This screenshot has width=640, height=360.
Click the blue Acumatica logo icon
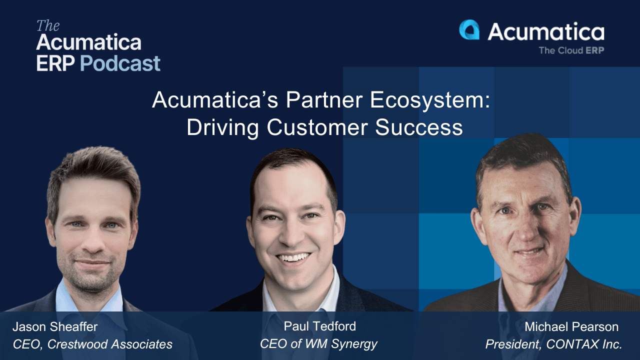(x=469, y=30)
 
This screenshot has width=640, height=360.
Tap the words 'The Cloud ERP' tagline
(x=571, y=50)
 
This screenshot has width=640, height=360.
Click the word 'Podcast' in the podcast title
(x=120, y=63)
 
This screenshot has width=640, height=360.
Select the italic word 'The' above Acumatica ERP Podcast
(x=48, y=26)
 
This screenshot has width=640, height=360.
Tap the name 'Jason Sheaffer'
(x=55, y=327)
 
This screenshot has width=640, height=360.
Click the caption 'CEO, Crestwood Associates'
(x=92, y=344)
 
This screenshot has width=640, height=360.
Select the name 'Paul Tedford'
(x=319, y=326)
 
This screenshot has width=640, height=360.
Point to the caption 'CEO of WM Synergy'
(x=318, y=343)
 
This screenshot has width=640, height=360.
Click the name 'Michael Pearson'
(x=571, y=327)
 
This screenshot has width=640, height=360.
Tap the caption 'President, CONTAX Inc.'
(x=553, y=344)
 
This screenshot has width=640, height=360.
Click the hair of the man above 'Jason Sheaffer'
(x=92, y=167)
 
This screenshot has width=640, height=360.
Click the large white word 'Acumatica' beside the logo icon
(x=546, y=32)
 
